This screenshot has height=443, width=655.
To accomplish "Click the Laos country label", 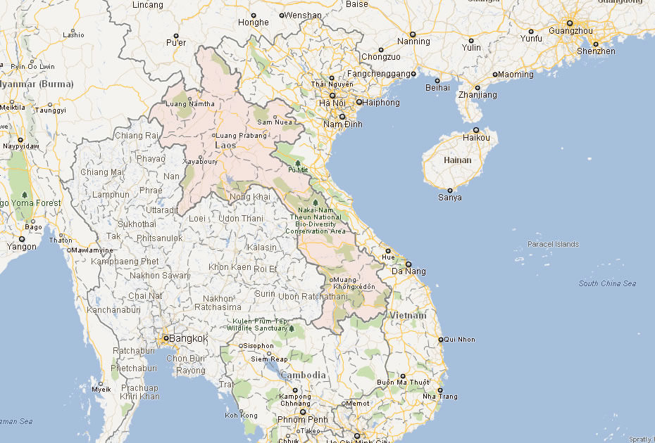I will tap(225, 146).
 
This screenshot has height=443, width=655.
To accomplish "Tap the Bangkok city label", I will tap(188, 339).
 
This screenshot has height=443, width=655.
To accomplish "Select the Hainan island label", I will tap(457, 160).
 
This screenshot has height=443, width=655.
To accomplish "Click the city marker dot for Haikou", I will tap(476, 130).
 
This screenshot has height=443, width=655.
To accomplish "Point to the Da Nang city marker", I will tap(408, 264).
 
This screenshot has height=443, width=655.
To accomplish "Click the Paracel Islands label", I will tap(553, 245).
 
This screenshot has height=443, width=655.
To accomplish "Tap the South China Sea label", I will tap(607, 283).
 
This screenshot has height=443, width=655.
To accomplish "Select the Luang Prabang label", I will tap(241, 136).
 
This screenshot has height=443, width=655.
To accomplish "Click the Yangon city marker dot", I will tap(22, 239).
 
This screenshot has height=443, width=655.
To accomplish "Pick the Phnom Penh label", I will tap(304, 420).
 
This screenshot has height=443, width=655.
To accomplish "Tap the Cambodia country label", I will tap(304, 375).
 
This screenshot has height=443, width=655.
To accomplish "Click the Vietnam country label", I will tap(408, 316).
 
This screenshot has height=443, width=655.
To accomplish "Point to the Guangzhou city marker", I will tap(569, 23).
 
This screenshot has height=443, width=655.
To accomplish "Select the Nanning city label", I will tap(413, 41).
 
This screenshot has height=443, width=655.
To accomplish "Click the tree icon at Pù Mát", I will tap(297, 162).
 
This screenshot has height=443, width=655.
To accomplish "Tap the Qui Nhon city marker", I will tap(441, 340).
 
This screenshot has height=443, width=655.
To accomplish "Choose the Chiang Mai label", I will tap(102, 172).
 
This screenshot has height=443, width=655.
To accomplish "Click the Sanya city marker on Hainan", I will tap(449, 191).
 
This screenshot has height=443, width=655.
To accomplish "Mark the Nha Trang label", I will tap(440, 397).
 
